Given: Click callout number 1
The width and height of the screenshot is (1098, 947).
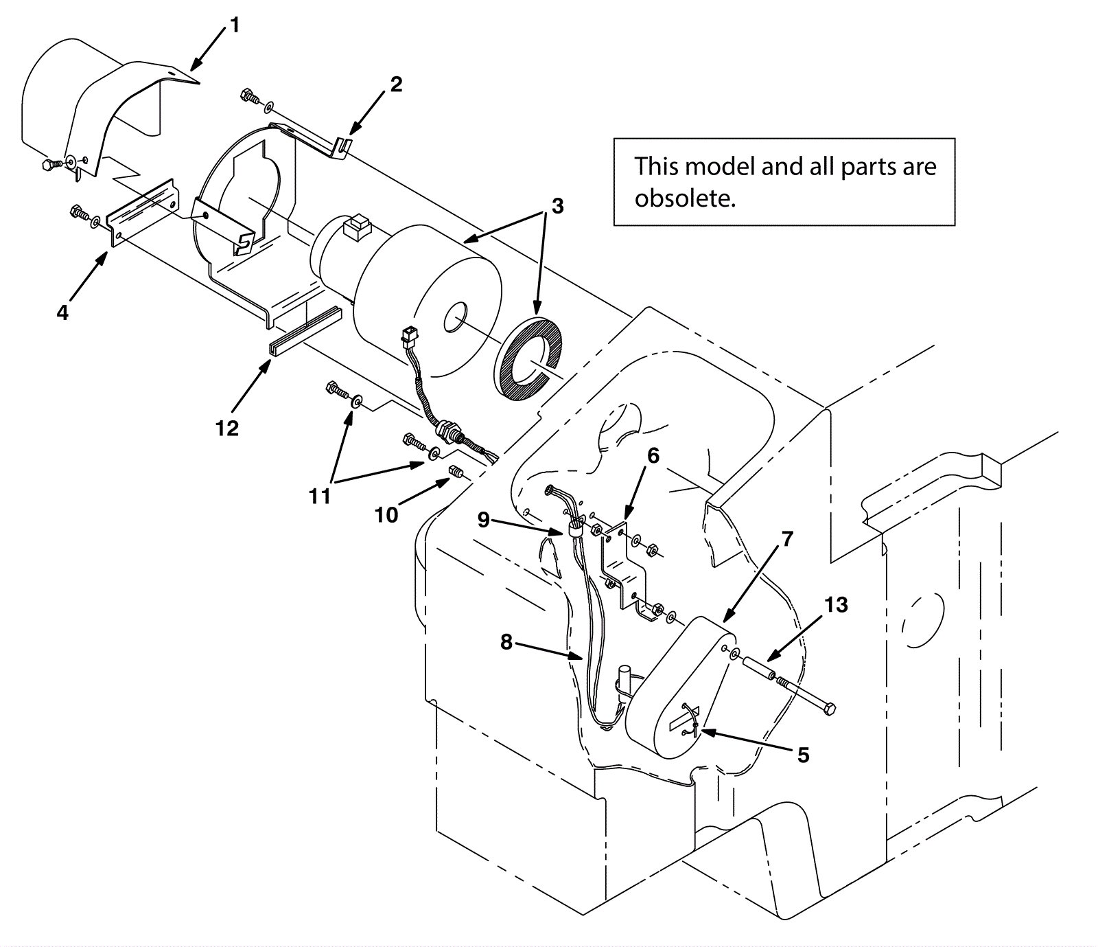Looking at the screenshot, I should click(235, 26).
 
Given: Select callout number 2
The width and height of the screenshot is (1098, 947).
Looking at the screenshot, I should click(396, 84).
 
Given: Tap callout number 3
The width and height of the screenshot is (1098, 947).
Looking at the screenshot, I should click(557, 206).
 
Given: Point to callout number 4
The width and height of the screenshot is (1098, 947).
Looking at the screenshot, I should click(62, 313).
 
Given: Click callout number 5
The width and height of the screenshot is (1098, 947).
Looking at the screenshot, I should click(803, 755).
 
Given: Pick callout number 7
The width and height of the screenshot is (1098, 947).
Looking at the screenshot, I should click(787, 539).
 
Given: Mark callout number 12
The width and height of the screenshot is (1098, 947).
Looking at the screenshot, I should click(226, 428).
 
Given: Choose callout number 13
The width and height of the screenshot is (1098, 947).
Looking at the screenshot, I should click(836, 605).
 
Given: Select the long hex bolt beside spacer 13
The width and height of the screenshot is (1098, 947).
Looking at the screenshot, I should click(806, 695).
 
